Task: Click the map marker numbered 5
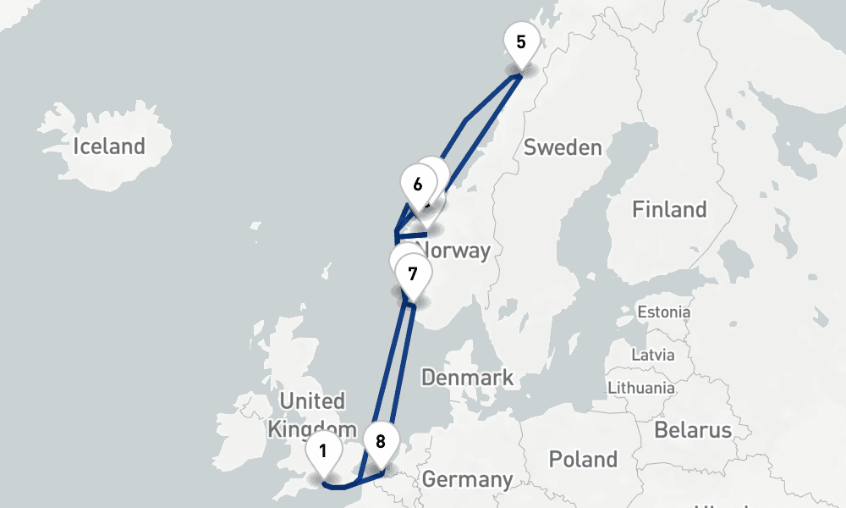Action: [x=520, y=42]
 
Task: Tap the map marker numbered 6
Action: [x=418, y=184]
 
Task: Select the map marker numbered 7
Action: [x=412, y=274]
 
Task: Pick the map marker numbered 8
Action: [x=380, y=441]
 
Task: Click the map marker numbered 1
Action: [x=322, y=450]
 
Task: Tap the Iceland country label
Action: [x=109, y=146]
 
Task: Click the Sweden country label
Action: [x=563, y=147]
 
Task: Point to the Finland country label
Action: [x=669, y=209]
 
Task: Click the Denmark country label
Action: [x=467, y=377]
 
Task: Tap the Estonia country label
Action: [x=664, y=312]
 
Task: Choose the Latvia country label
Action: [x=652, y=353]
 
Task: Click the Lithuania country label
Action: [x=641, y=388]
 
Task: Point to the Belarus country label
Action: [x=693, y=429]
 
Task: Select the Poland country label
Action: [x=583, y=460]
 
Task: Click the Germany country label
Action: [x=467, y=479]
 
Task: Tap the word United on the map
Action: [x=311, y=401]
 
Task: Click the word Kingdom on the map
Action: [x=305, y=428]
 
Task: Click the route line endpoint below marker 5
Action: [x=519, y=77]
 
